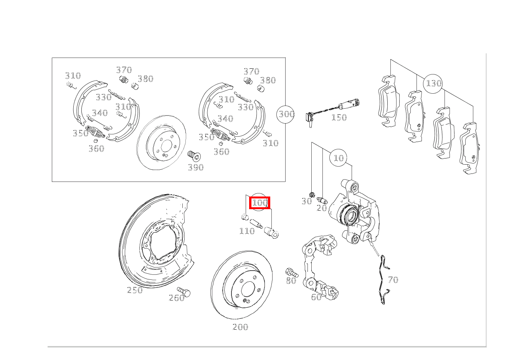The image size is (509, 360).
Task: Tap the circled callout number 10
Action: click(339, 158)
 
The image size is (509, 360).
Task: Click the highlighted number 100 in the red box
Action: click(260, 203)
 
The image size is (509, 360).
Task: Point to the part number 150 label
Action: click(339, 118)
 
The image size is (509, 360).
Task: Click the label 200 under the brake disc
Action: click(240, 327)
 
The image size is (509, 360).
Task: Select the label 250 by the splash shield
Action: click(135, 290)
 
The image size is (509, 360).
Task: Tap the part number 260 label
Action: click(177, 298)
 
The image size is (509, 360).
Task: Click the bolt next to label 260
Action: click(183, 292)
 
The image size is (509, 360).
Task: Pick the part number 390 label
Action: click(196, 168)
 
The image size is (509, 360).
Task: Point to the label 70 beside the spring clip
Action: click(393, 280)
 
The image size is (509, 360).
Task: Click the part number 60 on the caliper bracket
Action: click(316, 297)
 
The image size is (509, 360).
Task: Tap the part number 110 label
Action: click(247, 231)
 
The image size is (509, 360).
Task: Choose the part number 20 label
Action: click(322, 208)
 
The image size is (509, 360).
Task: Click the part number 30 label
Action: click(307, 201)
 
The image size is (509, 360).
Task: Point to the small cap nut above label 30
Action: click(312, 195)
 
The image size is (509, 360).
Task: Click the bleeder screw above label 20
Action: click(322, 201)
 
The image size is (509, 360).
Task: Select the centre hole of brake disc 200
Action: click(248, 289)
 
